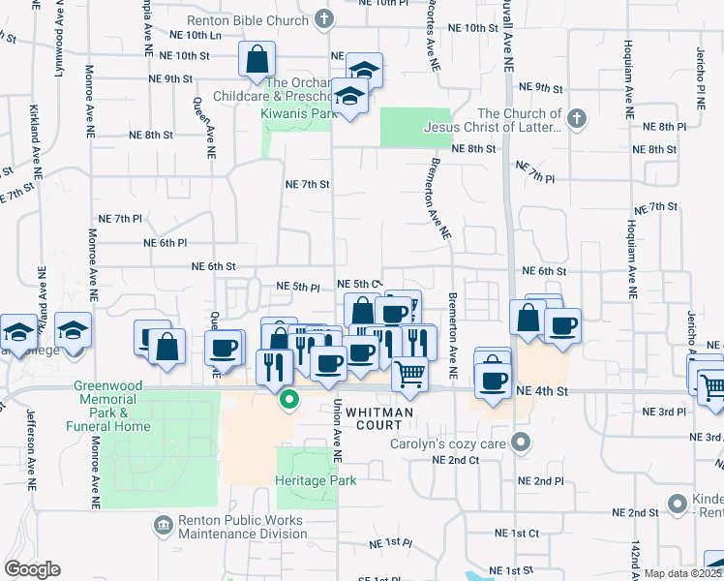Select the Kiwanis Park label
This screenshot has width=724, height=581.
click(298, 112)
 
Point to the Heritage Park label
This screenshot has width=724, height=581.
click(316, 480)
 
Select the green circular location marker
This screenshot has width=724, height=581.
click(288, 398)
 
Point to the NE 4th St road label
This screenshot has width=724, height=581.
click(541, 389)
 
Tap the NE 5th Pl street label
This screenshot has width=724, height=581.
click(298, 288)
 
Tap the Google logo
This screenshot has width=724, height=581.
click(33, 569)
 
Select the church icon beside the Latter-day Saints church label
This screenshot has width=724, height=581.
click(576, 119)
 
